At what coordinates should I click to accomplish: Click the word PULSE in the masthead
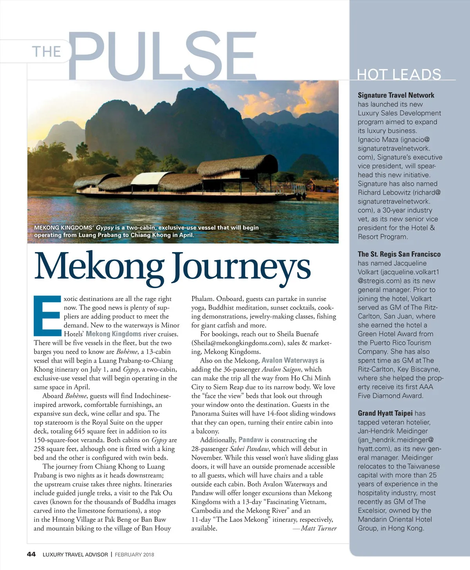(x=163, y=55)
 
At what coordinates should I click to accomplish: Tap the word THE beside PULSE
(x=46, y=52)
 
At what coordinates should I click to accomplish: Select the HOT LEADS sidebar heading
(x=399, y=74)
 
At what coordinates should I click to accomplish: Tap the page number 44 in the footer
(x=31, y=554)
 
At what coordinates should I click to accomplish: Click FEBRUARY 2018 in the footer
(x=134, y=554)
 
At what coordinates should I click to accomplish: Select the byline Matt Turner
(x=318, y=528)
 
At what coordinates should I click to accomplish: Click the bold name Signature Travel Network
(x=396, y=95)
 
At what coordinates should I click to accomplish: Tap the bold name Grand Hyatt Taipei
(x=385, y=413)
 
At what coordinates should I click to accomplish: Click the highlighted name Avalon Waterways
(x=290, y=360)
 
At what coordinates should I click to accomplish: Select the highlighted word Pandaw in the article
(x=251, y=440)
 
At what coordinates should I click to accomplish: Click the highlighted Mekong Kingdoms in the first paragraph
(x=114, y=334)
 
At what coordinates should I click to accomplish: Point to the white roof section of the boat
(x=145, y=179)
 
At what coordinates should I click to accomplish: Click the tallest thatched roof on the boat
(x=239, y=165)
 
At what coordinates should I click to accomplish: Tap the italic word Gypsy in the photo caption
(x=105, y=227)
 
